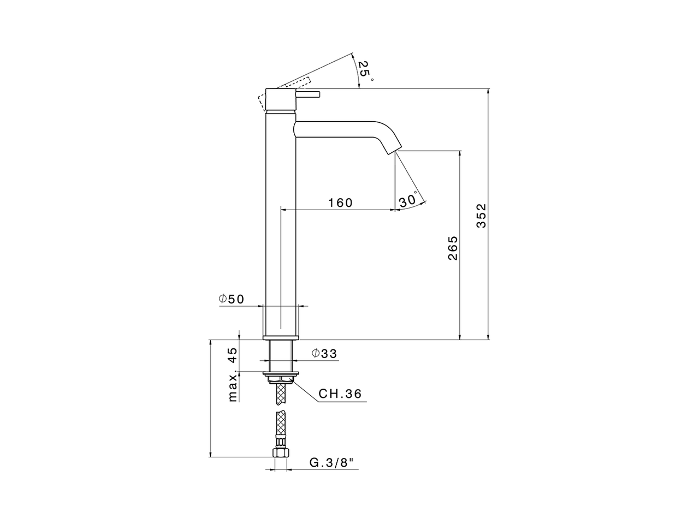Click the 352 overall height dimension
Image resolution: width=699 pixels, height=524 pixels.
pos(481,216)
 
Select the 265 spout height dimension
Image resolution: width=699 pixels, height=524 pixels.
pos(453,248)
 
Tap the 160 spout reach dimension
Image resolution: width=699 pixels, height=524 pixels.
pos(340,203)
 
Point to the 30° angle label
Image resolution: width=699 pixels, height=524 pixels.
pos(408,200)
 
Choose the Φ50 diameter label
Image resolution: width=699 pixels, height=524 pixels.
pos(231,299)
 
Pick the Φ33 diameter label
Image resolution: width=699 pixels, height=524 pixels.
pos(324,353)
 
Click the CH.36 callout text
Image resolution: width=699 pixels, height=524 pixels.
pos(340,394)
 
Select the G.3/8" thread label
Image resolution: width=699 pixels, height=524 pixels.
pos(332,463)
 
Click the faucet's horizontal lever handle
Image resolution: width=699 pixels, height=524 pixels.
pos(308,94)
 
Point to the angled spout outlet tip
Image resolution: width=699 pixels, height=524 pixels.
pos(395,151)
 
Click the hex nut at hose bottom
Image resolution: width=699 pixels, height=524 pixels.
pos(281,452)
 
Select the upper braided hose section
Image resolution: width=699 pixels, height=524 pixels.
pos(281,394)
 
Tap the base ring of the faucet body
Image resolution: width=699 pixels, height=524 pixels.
pos(281,337)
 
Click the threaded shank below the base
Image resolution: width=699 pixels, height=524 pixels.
pos(281,355)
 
